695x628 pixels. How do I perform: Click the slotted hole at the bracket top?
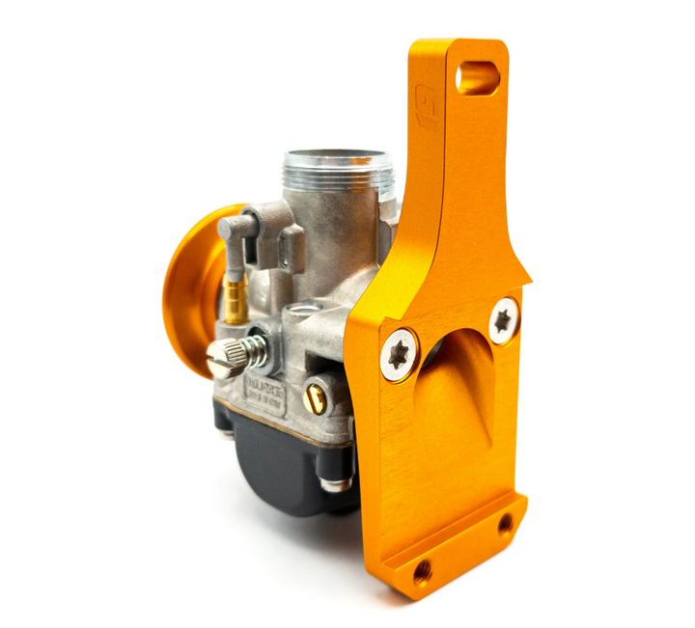tap(478, 77)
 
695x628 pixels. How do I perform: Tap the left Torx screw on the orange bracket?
tap(398, 355)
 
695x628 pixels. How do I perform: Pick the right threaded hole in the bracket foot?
tap(505, 524)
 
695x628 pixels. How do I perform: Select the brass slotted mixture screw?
tap(314, 394)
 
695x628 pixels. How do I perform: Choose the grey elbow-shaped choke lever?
tap(237, 232)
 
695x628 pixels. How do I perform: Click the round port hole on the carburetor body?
tap(306, 311)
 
